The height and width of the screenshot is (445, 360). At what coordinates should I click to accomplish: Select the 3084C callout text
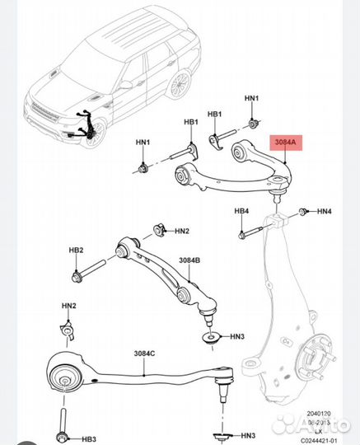[144, 354]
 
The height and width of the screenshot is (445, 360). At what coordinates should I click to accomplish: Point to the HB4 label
[241, 211]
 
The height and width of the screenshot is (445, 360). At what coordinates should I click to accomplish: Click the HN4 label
[325, 212]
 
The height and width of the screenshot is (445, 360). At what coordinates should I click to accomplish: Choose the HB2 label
[76, 250]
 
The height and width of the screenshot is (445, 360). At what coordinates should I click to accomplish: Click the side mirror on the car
[126, 84]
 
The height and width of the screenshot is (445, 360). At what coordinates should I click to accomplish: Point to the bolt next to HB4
[247, 234]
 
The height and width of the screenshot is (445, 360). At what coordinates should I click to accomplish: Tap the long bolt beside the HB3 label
[64, 420]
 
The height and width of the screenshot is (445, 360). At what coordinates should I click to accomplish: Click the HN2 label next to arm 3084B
[181, 231]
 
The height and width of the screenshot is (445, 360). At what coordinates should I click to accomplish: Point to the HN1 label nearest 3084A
[251, 100]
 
